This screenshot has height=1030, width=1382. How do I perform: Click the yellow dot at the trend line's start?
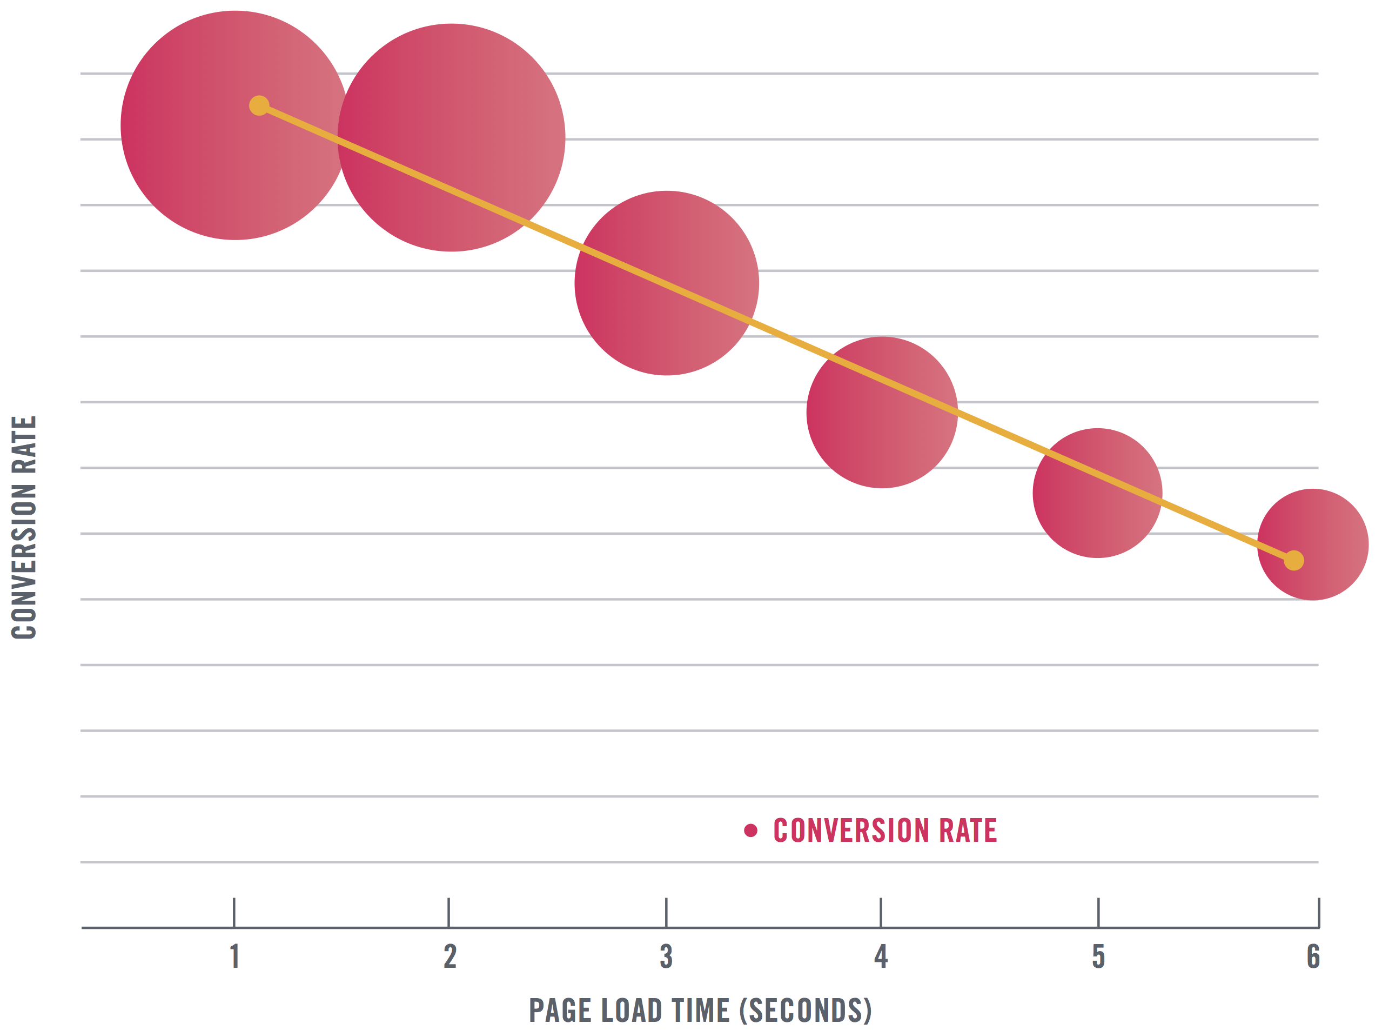[x=259, y=105]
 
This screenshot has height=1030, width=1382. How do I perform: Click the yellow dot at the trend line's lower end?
[x=1293, y=561]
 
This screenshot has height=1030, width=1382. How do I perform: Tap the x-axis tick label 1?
[x=235, y=956]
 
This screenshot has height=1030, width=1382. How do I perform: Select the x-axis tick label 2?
[x=450, y=956]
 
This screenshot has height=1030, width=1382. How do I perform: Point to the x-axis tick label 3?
[x=666, y=956]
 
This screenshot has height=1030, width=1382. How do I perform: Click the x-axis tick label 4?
[x=881, y=956]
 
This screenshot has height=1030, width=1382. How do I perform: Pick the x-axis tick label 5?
[x=1098, y=956]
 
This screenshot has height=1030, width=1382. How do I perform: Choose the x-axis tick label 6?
[x=1313, y=956]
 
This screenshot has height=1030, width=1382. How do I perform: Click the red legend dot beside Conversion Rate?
[x=750, y=830]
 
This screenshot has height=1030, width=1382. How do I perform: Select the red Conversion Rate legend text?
[x=885, y=830]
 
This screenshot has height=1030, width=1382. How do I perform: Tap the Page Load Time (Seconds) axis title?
[x=700, y=1010]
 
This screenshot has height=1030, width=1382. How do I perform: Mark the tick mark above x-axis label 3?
[x=666, y=912]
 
